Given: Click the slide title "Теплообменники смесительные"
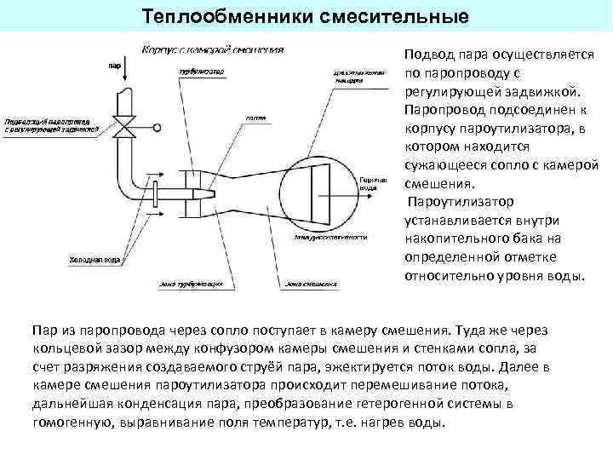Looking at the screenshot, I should point(306,17).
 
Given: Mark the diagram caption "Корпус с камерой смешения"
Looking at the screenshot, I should point(212,49).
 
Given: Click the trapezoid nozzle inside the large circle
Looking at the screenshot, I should point(319,184).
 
